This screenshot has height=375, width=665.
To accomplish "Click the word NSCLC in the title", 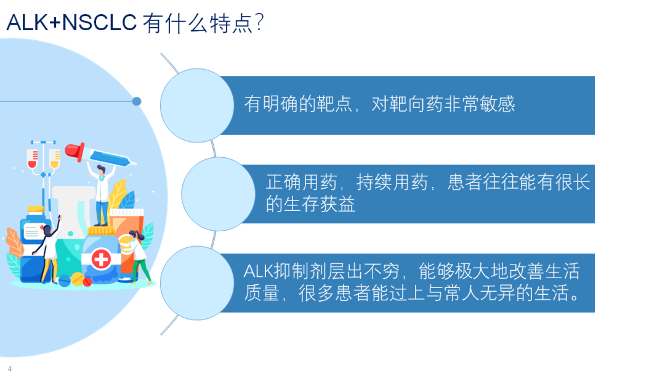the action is click(x=99, y=22).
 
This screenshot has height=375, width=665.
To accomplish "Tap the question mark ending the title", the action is click(x=259, y=22).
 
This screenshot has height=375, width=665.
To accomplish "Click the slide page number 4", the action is click(x=9, y=369).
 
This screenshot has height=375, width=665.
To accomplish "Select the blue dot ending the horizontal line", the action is click(x=137, y=101).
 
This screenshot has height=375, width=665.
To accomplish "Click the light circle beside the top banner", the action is click(x=197, y=105).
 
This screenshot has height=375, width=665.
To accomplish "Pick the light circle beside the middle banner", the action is click(x=218, y=194).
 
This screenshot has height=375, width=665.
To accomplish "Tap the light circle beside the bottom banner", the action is click(x=197, y=283).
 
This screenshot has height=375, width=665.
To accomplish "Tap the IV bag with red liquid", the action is click(x=32, y=159).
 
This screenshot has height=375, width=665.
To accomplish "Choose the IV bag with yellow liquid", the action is click(x=54, y=159).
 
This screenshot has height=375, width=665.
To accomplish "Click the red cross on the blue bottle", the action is click(x=101, y=258).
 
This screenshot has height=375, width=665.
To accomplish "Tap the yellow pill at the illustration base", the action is click(x=78, y=279).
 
